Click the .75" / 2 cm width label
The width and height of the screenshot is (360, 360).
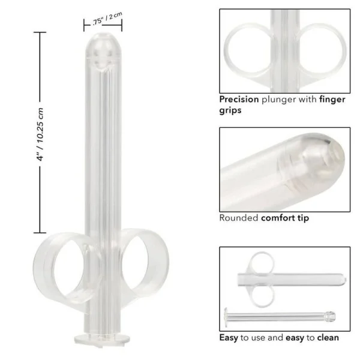click(x=107, y=20)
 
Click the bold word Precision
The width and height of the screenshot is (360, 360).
click(x=239, y=100)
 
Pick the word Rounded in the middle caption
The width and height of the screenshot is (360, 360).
click(x=238, y=218)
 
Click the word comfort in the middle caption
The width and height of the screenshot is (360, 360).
click(x=278, y=218)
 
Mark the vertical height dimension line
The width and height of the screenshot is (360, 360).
click(x=40, y=132)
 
